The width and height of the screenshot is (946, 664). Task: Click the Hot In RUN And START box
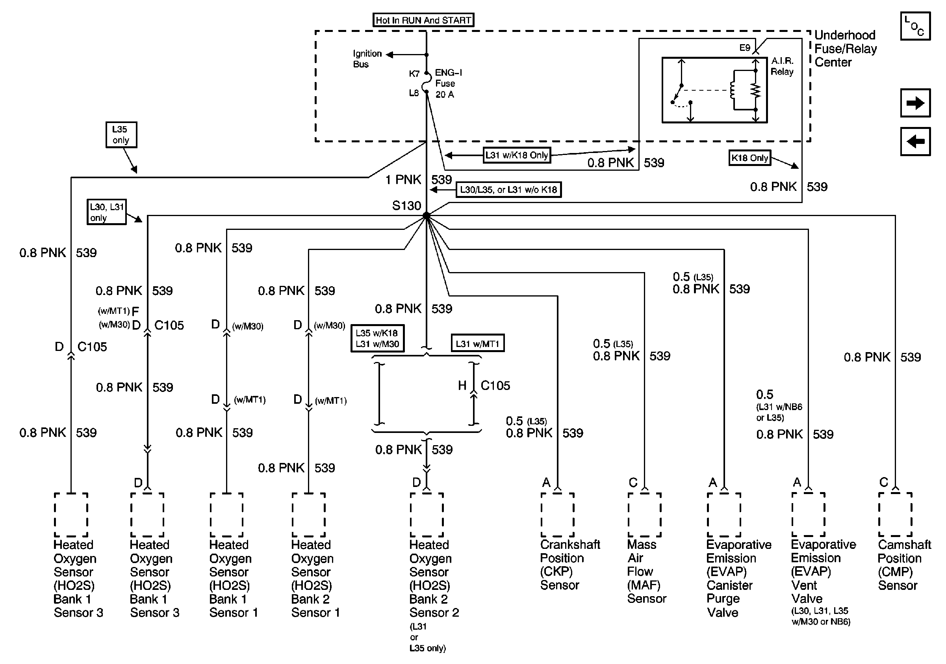click(423, 20)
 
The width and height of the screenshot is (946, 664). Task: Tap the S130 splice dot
click(427, 215)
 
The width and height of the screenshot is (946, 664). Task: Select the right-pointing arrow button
click(915, 103)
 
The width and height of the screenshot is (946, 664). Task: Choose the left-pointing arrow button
click(915, 142)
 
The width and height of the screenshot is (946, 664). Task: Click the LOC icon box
click(915, 26)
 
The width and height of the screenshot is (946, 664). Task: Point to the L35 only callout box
click(121, 134)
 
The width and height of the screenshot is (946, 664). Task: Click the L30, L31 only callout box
click(106, 212)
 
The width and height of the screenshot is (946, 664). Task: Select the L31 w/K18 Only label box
click(517, 155)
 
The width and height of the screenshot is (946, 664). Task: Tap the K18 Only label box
click(749, 158)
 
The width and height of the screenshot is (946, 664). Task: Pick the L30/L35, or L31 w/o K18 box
click(508, 190)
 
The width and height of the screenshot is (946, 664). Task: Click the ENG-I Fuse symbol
click(427, 82)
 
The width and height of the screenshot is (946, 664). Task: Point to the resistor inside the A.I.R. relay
click(756, 90)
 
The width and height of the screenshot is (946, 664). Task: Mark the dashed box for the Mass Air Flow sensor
click(644, 515)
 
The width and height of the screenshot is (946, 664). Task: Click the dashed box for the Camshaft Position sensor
click(895, 515)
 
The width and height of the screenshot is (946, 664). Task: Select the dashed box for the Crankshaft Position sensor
click(557, 515)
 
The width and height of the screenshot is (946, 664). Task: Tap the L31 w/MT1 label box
click(478, 343)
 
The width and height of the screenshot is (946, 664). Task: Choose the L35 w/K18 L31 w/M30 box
click(377, 339)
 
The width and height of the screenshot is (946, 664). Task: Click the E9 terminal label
click(744, 48)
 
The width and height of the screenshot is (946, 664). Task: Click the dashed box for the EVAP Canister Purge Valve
click(724, 515)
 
